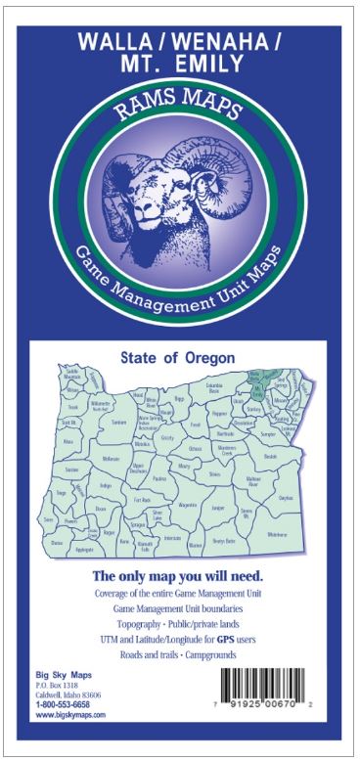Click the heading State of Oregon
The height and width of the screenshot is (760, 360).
point(180,358)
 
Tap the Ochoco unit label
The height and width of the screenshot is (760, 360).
point(196,449)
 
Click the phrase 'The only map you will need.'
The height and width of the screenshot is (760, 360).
point(180,575)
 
